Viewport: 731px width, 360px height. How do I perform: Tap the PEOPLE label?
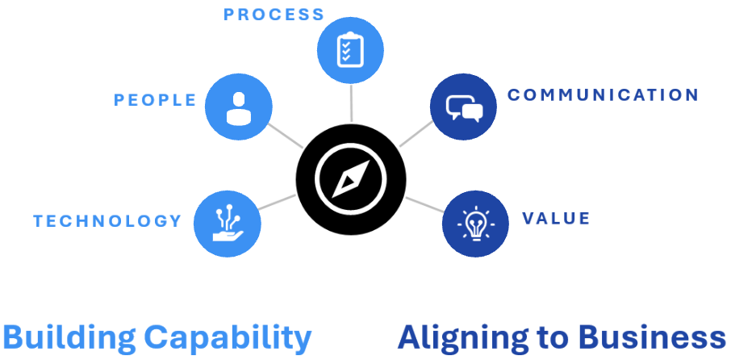coord(156,100)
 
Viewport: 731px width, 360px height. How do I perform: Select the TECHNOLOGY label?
coord(107,221)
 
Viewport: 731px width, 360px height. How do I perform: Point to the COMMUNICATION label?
coord(603,95)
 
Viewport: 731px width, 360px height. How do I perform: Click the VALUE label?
coord(556,219)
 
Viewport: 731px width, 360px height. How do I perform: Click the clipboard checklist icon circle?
coord(351,50)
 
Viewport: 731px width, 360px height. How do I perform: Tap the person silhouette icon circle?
coord(239,107)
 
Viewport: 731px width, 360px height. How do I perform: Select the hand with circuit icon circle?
coord(228,224)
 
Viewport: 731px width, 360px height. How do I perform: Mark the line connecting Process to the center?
coord(351,103)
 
